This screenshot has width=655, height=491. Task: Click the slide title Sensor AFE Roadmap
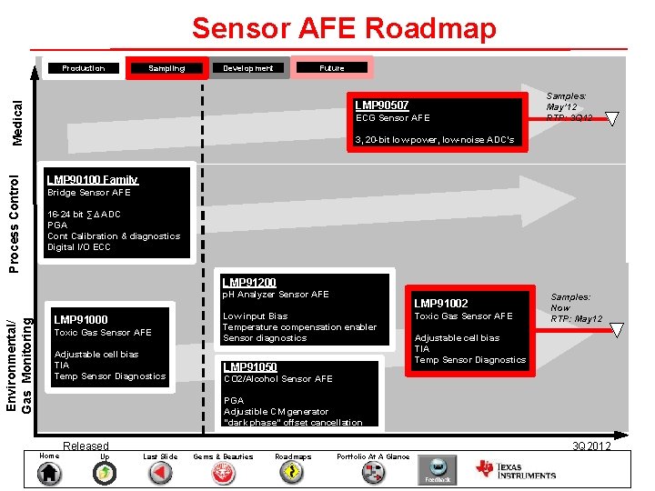coord(344,28)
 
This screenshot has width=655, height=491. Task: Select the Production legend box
coord(83,68)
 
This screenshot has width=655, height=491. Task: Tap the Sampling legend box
coord(166,68)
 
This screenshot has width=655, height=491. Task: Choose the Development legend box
coord(248,68)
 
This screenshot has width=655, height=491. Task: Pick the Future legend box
coord(332,68)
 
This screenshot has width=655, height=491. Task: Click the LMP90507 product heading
coord(382,105)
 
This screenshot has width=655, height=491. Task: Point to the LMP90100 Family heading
coord(93,180)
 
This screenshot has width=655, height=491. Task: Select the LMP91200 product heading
coord(249,283)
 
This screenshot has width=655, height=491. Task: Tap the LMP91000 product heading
coord(81,319)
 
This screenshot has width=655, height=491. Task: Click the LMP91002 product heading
coord(441,303)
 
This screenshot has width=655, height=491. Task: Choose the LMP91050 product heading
coord(250,367)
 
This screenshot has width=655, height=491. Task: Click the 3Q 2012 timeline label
coord(591,446)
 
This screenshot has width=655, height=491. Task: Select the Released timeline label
coord(86,446)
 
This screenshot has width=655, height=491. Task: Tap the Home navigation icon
coord(50,473)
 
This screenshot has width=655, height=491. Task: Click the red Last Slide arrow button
coord(160,473)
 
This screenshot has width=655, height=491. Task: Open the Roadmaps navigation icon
coord(293,473)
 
